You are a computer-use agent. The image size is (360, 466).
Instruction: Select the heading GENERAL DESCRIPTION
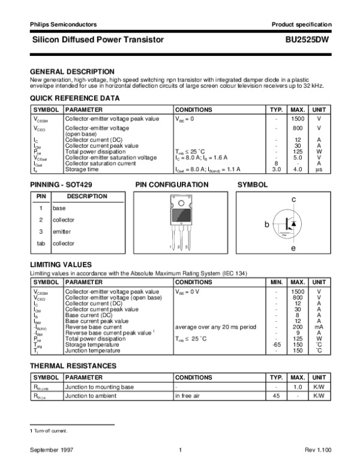click(72, 71)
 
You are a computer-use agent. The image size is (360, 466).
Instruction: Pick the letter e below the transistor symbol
click(293, 248)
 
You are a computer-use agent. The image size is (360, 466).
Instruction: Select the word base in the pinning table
click(59, 208)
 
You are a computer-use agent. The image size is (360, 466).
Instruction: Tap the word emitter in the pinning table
click(62, 231)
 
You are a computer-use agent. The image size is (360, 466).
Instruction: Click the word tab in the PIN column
click(41, 243)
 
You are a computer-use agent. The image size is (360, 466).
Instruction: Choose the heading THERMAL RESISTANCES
click(72, 366)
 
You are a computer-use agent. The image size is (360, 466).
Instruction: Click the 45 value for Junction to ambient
click(277, 396)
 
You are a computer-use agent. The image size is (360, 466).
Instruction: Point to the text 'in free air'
click(187, 396)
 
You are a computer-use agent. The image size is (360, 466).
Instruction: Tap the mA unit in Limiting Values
click(319, 327)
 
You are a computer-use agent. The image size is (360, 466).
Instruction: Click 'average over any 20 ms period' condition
click(214, 327)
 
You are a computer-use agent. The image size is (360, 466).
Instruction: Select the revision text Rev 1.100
click(317, 450)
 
